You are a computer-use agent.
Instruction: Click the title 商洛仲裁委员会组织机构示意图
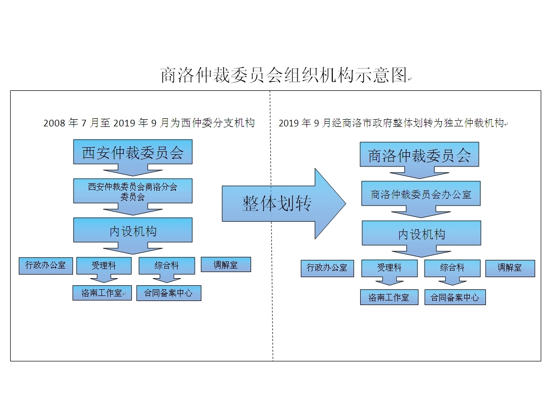coord(284,75)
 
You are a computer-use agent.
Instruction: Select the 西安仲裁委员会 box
coord(133,152)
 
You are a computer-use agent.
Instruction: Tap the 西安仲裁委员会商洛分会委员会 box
coord(133,191)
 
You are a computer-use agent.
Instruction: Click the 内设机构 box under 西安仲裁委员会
coord(133,231)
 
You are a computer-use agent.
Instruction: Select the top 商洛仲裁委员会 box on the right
coord(419,155)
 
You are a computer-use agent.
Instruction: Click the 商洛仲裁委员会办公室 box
coord(421,194)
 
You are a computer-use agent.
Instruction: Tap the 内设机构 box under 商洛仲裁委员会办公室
coord(421,233)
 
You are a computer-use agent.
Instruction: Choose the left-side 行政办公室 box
coord(46,265)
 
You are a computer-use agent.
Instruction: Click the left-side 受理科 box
coord(103,265)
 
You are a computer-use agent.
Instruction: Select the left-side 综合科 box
coord(166,265)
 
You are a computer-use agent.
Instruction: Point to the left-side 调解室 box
coord(226,264)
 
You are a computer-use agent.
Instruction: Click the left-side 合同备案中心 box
coord(168,293)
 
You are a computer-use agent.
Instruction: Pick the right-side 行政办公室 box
coord(327,268)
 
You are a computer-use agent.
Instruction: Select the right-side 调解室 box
coord(510,268)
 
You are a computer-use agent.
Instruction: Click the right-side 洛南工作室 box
coord(389,297)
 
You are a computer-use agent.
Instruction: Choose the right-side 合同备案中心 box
coord(455,297)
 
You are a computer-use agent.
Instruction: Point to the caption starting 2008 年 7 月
coord(149,123)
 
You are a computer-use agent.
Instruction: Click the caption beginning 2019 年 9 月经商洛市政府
coord(392,123)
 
